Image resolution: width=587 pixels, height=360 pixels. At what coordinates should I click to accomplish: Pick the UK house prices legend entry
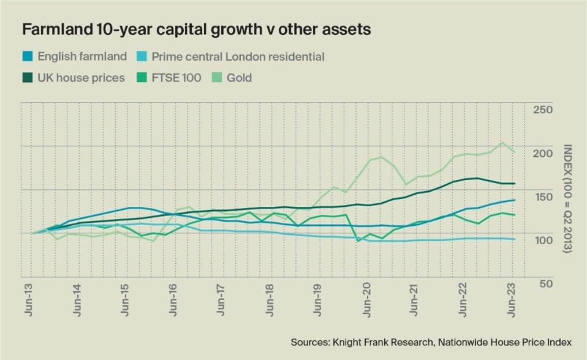[x=81, y=78]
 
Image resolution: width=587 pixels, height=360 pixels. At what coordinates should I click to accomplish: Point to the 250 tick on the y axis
[x=543, y=110]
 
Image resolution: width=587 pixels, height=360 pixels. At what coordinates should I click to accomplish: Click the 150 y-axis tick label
[x=543, y=197]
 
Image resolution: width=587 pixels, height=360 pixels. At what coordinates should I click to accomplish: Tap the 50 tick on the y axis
[x=546, y=284]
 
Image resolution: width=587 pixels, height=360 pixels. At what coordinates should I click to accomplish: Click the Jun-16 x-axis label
[x=173, y=301]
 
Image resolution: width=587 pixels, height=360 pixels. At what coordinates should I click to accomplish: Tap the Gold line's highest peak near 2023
[x=502, y=142]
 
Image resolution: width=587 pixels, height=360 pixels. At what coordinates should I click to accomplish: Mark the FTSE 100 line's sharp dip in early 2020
[x=358, y=241]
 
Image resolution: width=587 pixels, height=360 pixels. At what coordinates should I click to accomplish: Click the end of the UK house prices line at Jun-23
[x=514, y=184]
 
